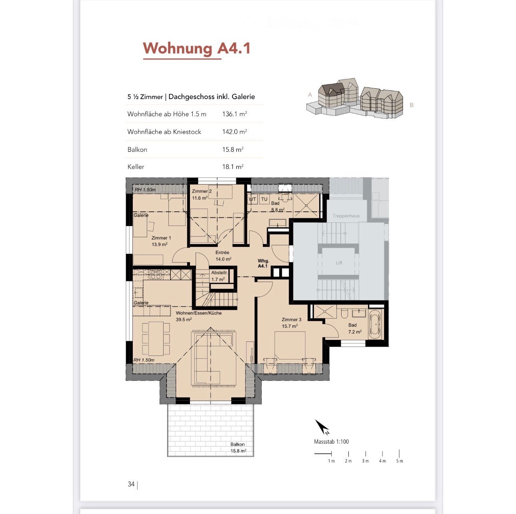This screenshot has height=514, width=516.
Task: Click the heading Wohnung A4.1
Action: click(x=196, y=49)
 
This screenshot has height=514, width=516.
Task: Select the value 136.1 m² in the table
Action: click(x=234, y=114)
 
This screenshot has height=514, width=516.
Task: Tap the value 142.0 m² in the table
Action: click(x=234, y=132)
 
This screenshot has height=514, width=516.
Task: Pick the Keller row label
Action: click(x=136, y=167)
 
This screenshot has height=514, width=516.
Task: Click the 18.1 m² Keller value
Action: click(x=233, y=167)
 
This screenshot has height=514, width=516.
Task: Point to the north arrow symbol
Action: click(x=322, y=427)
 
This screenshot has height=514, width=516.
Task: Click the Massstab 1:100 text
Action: click(x=331, y=442)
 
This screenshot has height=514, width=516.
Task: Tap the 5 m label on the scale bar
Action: click(x=400, y=461)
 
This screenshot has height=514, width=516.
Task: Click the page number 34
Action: click(x=131, y=484)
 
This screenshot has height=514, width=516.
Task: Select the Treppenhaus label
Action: click(x=346, y=216)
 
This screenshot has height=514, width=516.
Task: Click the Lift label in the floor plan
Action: click(x=339, y=263)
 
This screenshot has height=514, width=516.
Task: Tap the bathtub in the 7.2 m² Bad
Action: click(x=375, y=324)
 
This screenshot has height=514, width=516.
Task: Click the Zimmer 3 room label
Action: click(x=291, y=320)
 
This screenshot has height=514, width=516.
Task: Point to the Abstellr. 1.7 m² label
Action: click(x=219, y=276)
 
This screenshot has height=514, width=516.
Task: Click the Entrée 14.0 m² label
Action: click(x=223, y=256)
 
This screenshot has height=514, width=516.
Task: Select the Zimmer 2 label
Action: click(x=201, y=191)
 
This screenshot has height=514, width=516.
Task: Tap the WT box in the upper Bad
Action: click(x=252, y=199)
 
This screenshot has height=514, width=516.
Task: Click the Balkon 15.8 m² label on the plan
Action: click(x=238, y=448)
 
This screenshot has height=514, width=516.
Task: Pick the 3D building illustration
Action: click(x=354, y=98)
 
